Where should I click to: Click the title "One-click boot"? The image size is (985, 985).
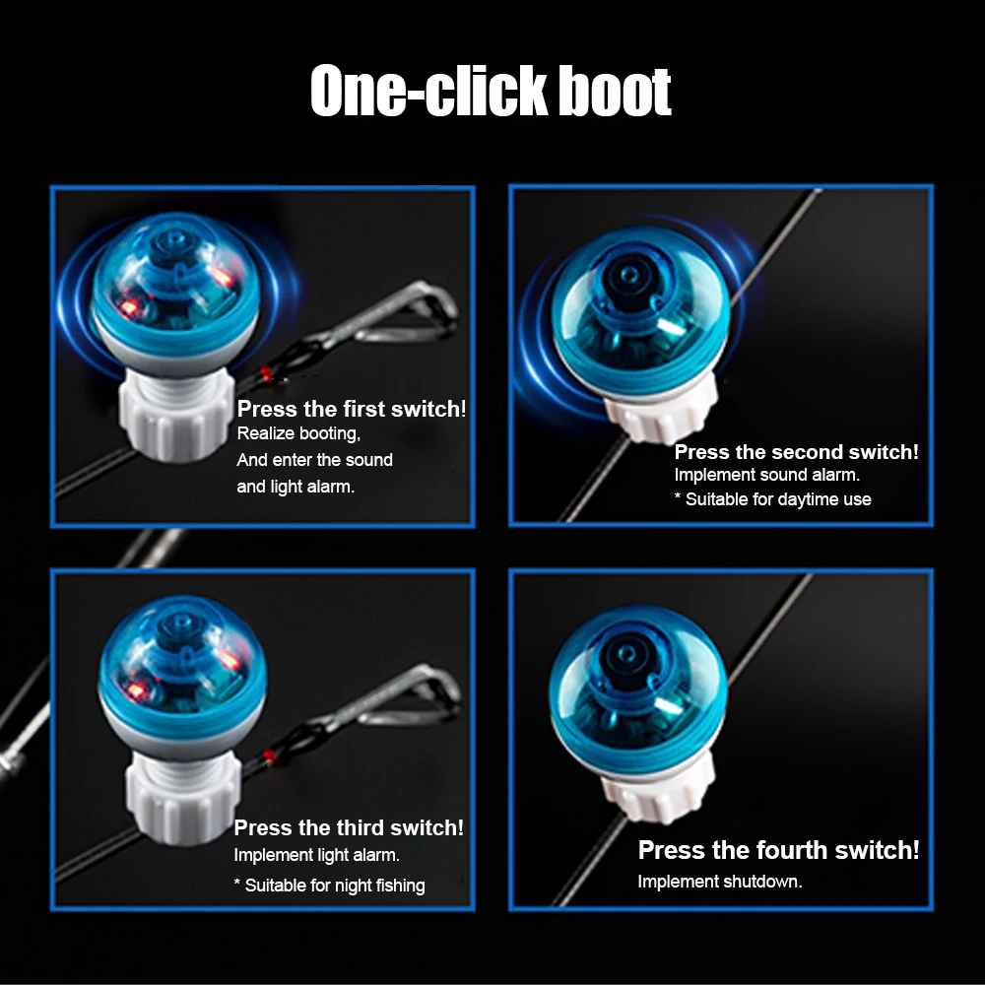pyautogui.click(x=491, y=91)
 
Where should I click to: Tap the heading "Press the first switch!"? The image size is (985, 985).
pyautogui.click(x=352, y=409)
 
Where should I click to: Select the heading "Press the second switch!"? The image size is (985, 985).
pyautogui.click(x=796, y=452)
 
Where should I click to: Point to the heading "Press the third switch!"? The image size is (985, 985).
pyautogui.click(x=349, y=827)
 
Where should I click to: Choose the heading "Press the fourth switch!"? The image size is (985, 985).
pyautogui.click(x=778, y=850)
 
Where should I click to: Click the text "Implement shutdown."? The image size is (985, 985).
pyautogui.click(x=720, y=882)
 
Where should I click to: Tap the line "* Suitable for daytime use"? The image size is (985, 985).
pyautogui.click(x=772, y=499)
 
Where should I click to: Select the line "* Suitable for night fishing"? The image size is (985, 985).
pyautogui.click(x=329, y=886)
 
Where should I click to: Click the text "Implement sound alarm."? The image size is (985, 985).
pyautogui.click(x=767, y=475)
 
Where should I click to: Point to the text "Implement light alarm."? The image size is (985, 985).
pyautogui.click(x=316, y=855)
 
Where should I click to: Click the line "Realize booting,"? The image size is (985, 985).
pyautogui.click(x=298, y=433)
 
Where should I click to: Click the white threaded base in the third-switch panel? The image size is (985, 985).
pyautogui.click(x=182, y=798)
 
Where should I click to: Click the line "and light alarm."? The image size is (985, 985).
pyautogui.click(x=295, y=487)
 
